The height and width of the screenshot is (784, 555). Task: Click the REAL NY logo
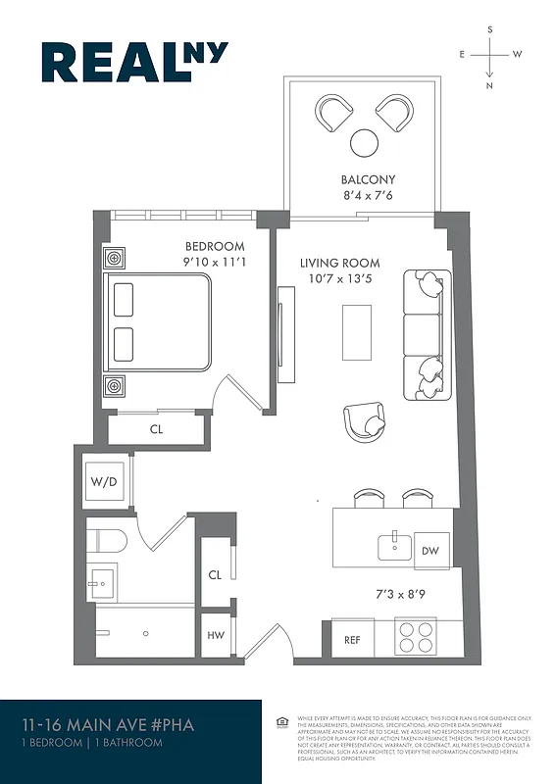pos(133,62)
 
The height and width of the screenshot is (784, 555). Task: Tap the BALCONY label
pos(368,180)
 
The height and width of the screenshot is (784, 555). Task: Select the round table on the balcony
pos(365,143)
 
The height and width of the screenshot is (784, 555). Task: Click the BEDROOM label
pos(214,247)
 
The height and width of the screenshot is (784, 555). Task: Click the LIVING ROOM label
pos(339,263)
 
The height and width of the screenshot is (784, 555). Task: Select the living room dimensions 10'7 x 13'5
pos(339,279)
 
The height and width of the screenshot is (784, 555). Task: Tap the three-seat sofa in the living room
pos(424,328)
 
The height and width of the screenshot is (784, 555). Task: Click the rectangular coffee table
pos(356,332)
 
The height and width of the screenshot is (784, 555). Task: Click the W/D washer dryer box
pos(102,482)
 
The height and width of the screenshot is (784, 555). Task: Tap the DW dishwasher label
pos(430,552)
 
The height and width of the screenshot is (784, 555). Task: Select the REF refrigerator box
pos(352,640)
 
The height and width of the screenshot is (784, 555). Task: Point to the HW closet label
pos(215,635)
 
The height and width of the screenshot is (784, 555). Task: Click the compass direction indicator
pos(489,55)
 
